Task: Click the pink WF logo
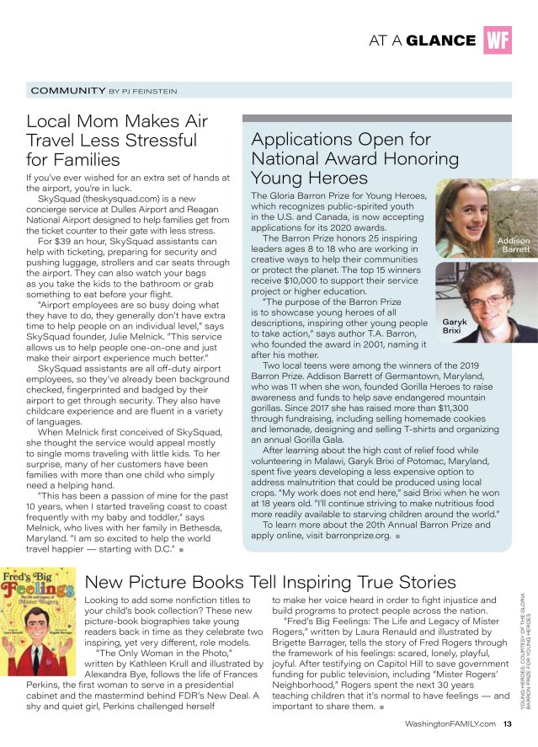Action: point(498,40)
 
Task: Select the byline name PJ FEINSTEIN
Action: point(150,90)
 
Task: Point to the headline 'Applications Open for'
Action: point(340,139)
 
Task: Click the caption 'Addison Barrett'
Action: point(514,245)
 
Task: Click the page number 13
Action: point(507,723)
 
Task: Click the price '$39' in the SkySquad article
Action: point(64,243)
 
